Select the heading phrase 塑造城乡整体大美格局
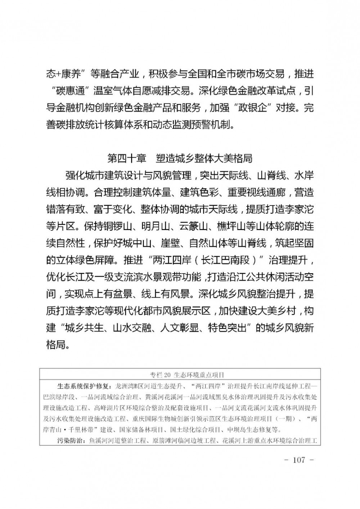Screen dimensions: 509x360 [x=204, y=158]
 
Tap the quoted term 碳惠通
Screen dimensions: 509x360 [x=70, y=91]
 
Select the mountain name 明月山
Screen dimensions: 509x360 [x=157, y=226]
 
